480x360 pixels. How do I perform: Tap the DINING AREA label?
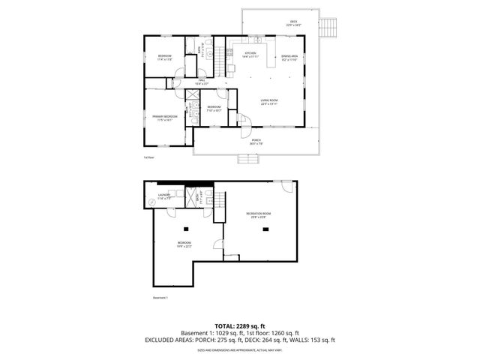(290, 57)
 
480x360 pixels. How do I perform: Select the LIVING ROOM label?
(269, 103)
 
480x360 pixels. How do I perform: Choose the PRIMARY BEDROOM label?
(164, 117)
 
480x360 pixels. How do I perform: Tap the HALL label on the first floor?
(202, 81)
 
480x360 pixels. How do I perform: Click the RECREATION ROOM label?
(258, 215)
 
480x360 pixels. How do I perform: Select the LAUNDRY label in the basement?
(163, 196)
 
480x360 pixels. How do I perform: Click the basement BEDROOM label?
(184, 244)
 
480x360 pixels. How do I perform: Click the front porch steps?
(248, 159)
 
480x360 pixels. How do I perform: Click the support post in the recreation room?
(264, 230)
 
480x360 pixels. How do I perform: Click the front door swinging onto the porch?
(244, 120)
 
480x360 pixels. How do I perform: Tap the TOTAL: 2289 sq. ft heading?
(239, 325)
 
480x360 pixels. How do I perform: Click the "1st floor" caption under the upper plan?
(148, 157)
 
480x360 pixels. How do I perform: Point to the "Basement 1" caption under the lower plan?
(160, 297)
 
